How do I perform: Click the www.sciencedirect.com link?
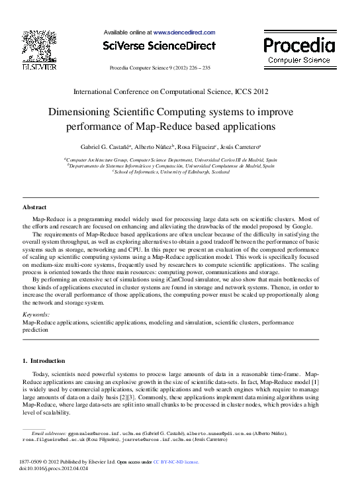click(184, 32)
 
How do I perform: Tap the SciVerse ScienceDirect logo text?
click(159, 46)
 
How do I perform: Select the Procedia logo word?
click(299, 45)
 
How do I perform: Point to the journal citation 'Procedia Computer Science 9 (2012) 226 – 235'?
click(159, 68)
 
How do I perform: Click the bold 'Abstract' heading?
click(34, 207)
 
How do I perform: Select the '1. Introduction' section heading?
click(44, 361)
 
